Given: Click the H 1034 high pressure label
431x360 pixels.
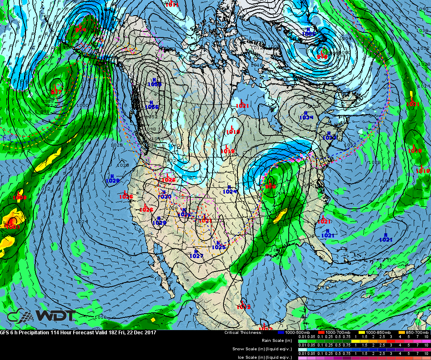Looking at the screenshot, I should pyautogui.click(x=306, y=115).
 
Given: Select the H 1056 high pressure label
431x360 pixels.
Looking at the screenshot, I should pyautogui.click(x=152, y=104).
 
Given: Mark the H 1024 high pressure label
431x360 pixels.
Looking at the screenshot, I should pyautogui.click(x=229, y=189).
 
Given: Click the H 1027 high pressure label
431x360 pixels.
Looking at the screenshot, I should pyautogui.click(x=196, y=253).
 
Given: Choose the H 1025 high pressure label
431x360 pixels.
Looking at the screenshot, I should pyautogui.click(x=218, y=245).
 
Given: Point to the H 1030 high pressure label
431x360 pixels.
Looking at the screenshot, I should pyautogui.click(x=165, y=195).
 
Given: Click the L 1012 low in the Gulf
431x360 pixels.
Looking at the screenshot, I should pyautogui.click(x=243, y=305).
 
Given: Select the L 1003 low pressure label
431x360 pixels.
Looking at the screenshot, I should pyautogui.click(x=12, y=224).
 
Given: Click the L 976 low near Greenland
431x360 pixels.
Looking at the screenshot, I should pyautogui.click(x=322, y=54).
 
